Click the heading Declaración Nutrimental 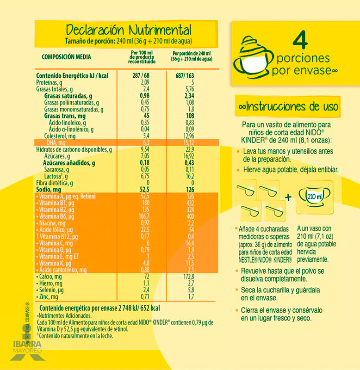click(128, 30)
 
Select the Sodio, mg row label click(49, 189)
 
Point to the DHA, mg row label click(51, 143)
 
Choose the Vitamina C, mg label click(56, 243)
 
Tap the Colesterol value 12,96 click(189, 136)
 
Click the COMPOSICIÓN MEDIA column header click(66, 57)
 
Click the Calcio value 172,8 click(189, 277)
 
